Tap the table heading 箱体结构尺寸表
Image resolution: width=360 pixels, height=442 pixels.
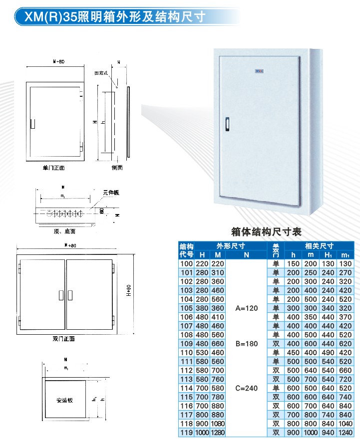[x=267, y=232]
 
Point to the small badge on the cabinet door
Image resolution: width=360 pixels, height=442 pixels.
[x=259, y=71]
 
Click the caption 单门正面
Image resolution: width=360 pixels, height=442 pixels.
[x=54, y=168]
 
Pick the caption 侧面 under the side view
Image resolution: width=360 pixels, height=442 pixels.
[x=117, y=168]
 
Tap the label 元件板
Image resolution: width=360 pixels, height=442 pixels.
[x=111, y=193]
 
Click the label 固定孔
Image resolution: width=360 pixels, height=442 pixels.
[x=101, y=73]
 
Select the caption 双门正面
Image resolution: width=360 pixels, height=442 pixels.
[x=63, y=339]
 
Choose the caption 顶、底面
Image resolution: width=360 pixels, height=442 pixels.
[x=64, y=231]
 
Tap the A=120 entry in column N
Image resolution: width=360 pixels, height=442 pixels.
[x=247, y=308]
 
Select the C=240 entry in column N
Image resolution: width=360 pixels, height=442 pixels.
[x=247, y=388]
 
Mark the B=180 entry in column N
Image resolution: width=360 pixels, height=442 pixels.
[x=247, y=344]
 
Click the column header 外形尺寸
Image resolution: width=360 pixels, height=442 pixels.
[x=230, y=246]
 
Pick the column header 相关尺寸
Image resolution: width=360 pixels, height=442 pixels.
[x=320, y=246]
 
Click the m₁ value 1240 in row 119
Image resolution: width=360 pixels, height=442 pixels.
[x=344, y=433]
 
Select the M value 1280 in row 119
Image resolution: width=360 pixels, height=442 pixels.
[x=218, y=433]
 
